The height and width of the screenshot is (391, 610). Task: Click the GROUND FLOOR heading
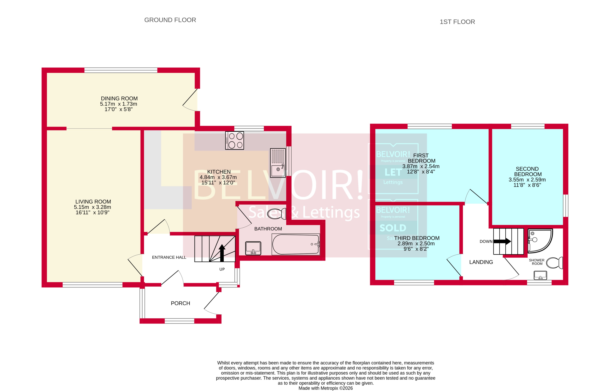pyautogui.click(x=170, y=20)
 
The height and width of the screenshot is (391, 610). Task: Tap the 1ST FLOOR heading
pyautogui.click(x=457, y=22)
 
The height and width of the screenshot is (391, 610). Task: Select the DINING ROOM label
pyautogui.click(x=119, y=99)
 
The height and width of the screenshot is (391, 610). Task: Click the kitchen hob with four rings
pyautogui.click(x=234, y=140)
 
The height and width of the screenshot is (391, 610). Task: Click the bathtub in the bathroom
pyautogui.click(x=296, y=244)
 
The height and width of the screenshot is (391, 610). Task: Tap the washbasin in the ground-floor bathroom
pyautogui.click(x=253, y=248)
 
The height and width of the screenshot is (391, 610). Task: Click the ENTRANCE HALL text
pyautogui.click(x=169, y=257)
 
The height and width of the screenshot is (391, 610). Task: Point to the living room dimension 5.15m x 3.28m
pyautogui.click(x=92, y=207)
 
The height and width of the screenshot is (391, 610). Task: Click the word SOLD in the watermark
pyautogui.click(x=393, y=228)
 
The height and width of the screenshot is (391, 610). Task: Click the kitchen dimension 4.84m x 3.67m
pyautogui.click(x=218, y=177)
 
